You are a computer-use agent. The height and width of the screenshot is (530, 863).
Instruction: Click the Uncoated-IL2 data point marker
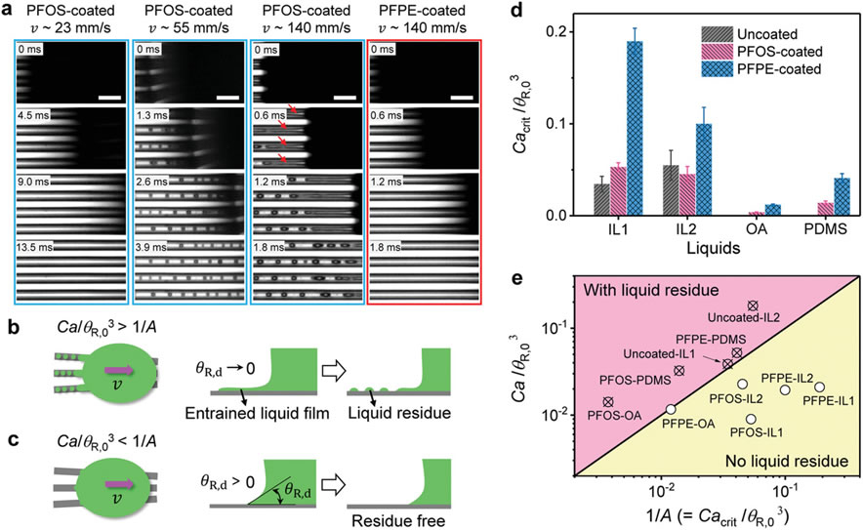752,306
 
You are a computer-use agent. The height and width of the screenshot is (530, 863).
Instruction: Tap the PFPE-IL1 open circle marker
819,387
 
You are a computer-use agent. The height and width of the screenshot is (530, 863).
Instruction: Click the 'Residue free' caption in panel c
381,510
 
